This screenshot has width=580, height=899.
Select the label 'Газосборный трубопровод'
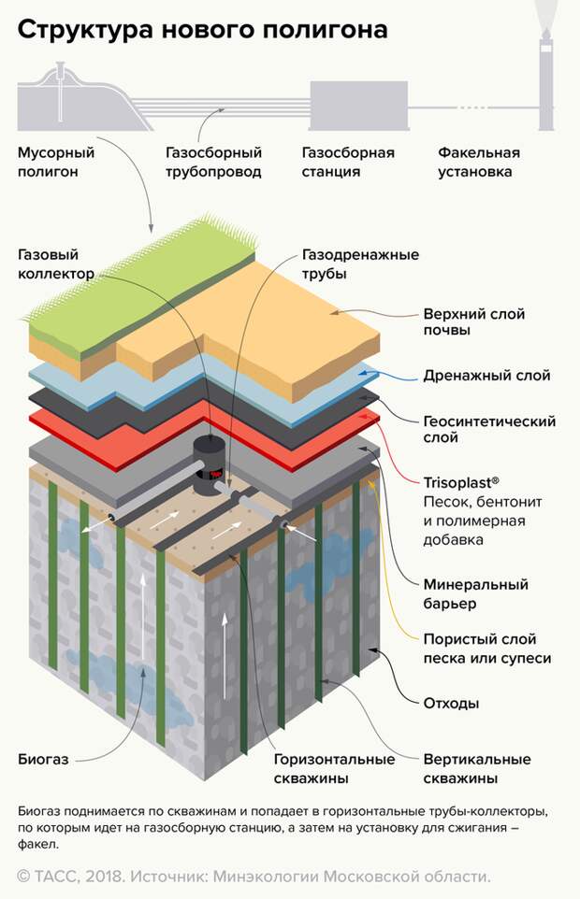pyautogui.click(x=213, y=162)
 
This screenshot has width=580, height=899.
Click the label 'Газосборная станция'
pyautogui.click(x=348, y=162)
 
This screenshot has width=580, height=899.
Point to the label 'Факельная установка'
pyautogui.click(x=479, y=162)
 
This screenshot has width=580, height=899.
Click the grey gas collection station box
pyautogui.click(x=358, y=106)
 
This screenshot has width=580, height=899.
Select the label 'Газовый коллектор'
pyautogui.click(x=55, y=264)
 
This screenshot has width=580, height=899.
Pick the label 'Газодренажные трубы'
pyautogui.click(x=360, y=264)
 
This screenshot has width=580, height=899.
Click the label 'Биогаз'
pyautogui.click(x=44, y=758)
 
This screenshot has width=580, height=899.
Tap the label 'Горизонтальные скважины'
pyautogui.click(x=324, y=767)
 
